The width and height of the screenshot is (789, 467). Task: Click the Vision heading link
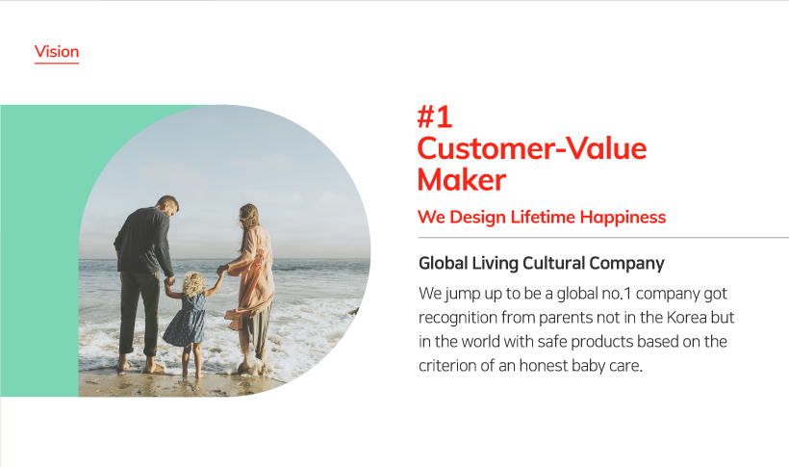(57, 52)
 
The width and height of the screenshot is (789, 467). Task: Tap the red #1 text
(435, 117)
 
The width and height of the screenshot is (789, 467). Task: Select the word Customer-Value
(532, 148)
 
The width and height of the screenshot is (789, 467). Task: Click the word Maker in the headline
(462, 180)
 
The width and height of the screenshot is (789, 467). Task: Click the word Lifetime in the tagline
(543, 217)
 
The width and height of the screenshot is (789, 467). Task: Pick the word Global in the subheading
(444, 263)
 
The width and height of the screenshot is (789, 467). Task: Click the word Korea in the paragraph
(687, 318)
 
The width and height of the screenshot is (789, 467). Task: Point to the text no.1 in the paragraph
(617, 294)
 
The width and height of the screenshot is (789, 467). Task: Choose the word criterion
(447, 365)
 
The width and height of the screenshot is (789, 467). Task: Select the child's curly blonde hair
(192, 284)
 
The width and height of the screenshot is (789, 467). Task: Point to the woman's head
(248, 216)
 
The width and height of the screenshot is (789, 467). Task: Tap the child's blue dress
(186, 321)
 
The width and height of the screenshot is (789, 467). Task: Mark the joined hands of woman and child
(221, 270)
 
